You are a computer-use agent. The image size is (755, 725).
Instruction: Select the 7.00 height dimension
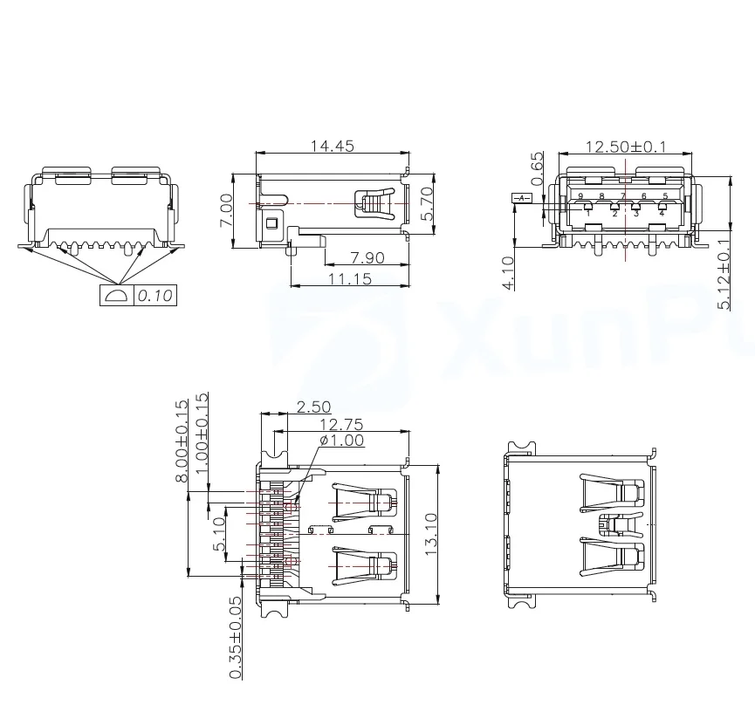[x=226, y=210]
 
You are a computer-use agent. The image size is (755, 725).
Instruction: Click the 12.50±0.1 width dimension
[x=625, y=147]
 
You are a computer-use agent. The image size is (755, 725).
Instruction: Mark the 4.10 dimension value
[x=508, y=271]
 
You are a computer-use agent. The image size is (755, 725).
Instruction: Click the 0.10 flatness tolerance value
[x=155, y=296]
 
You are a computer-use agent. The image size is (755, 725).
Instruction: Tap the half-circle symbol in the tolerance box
[x=116, y=296]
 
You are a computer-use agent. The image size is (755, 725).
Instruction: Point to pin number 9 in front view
[x=580, y=196]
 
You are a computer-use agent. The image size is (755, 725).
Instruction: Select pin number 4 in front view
[x=662, y=213]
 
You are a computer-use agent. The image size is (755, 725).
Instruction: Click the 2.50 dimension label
[x=314, y=407]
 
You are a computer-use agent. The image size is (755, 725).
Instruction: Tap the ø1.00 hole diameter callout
[x=342, y=441]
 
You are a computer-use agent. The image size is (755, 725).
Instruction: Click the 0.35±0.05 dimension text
[x=235, y=638]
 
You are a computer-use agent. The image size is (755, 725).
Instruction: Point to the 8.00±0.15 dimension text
[x=182, y=441]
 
